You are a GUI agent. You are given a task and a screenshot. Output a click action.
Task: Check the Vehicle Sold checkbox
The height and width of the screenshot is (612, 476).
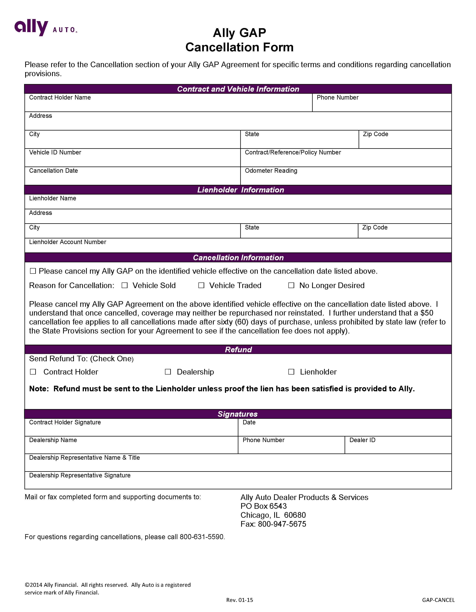125,285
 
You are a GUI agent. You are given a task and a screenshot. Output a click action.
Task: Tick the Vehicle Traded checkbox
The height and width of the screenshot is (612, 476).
201,285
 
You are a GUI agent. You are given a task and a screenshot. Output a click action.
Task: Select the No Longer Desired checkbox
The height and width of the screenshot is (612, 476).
291,285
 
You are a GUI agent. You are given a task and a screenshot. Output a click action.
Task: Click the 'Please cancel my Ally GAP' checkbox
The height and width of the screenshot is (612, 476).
33,271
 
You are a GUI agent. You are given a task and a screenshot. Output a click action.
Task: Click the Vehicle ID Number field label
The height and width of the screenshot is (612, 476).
55,152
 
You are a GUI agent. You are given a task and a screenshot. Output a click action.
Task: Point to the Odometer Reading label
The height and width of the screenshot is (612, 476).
271,171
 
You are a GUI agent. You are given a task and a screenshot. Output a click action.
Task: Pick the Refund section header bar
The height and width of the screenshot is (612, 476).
238,350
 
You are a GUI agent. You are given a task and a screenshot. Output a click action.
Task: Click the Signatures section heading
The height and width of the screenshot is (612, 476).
238,414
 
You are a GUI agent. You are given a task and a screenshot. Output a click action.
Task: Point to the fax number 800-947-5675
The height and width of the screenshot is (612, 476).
282,524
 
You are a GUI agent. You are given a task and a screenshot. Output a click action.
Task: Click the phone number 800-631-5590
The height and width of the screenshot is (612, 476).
202,537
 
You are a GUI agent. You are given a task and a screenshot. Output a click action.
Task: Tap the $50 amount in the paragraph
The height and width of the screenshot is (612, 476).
427,313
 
